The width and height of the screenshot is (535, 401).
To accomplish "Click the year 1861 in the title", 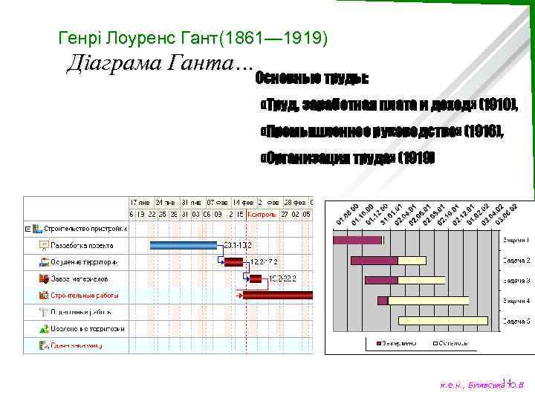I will [250, 36].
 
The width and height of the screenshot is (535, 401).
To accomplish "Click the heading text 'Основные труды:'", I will [312, 77].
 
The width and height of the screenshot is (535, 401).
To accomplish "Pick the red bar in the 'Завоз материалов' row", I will [255, 278].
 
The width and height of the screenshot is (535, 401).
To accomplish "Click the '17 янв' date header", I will [140, 202].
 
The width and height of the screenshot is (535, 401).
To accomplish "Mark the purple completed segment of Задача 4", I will [383, 301].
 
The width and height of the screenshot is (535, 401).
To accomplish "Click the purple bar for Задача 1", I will [357, 240].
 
